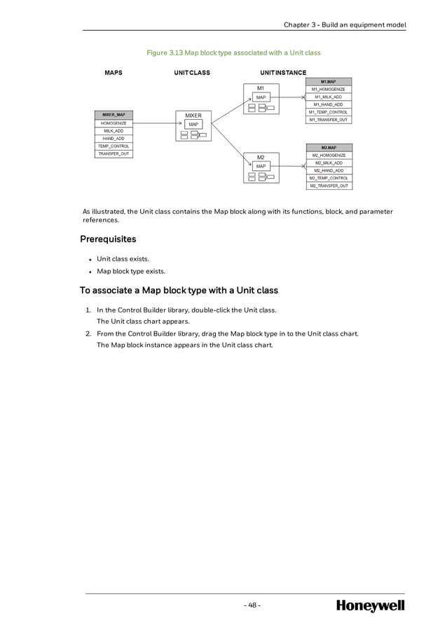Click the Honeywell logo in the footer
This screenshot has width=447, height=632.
click(x=370, y=605)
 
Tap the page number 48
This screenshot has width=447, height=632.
click(x=253, y=605)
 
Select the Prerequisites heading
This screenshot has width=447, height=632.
click(x=108, y=240)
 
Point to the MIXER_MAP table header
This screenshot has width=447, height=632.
click(x=114, y=115)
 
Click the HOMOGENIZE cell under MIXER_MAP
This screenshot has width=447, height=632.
click(x=114, y=123)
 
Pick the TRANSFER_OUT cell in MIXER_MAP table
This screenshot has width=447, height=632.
click(x=114, y=153)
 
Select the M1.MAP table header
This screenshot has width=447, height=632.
click(x=329, y=81)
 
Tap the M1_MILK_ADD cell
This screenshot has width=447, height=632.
click(x=329, y=97)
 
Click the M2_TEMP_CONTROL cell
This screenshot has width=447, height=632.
click(x=329, y=178)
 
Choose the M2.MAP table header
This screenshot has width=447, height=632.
click(x=329, y=147)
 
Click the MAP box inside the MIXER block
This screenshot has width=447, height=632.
click(x=193, y=125)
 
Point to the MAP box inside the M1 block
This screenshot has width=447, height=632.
click(x=260, y=97)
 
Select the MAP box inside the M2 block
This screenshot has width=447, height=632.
click(x=260, y=166)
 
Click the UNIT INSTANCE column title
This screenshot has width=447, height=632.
click(x=282, y=72)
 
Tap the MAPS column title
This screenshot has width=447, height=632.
click(x=114, y=72)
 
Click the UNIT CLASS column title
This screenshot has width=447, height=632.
click(x=192, y=72)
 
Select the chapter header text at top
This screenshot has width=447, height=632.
click(x=345, y=25)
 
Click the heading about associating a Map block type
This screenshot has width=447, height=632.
click(x=179, y=290)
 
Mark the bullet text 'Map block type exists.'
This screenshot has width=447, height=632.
click(x=132, y=271)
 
